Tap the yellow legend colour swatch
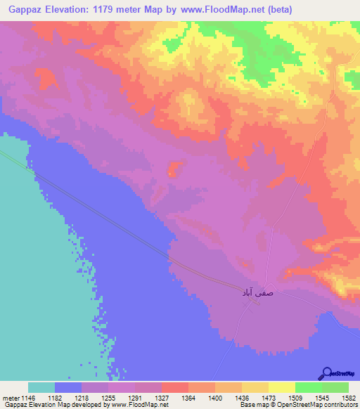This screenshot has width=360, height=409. point(281,387)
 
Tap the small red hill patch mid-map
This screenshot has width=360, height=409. point(173,169)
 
